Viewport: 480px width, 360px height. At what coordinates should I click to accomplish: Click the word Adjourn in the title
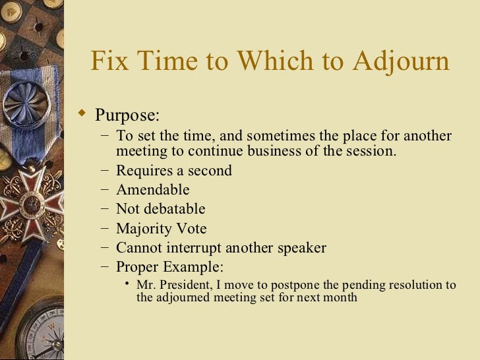point(401,61)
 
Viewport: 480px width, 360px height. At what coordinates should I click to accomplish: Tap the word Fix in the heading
point(108,61)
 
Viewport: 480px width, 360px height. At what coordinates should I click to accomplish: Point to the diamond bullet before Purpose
point(82,114)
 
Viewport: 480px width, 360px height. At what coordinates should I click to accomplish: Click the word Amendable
point(153,190)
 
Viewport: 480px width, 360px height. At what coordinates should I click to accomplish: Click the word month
point(341,297)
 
